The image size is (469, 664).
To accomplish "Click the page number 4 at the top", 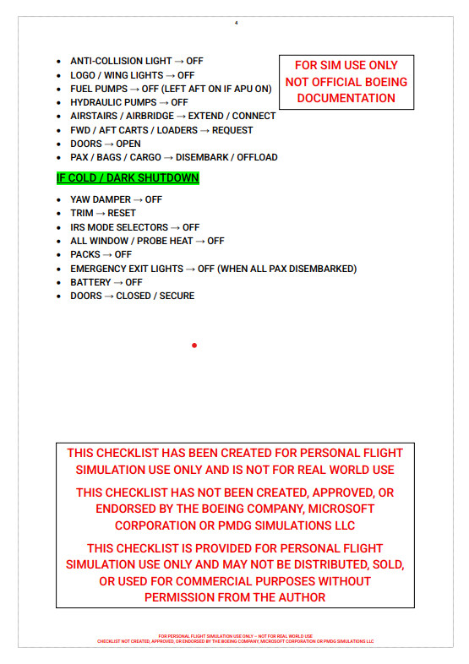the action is [x=236, y=22].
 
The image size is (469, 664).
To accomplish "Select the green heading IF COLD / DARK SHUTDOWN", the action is [x=128, y=178].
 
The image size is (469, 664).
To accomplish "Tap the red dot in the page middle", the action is [x=194, y=346].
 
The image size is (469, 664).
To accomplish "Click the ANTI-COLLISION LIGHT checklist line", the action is [x=136, y=62].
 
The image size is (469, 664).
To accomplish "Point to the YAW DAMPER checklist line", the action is [x=116, y=199].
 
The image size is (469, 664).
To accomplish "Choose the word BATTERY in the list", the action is [x=90, y=282].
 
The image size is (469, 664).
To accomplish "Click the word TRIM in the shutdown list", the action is [x=82, y=213].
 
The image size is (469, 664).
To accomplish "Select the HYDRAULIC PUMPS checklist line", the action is [x=128, y=102].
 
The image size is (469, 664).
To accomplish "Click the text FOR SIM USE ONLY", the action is [x=346, y=65].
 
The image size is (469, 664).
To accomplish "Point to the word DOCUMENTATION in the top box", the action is [x=346, y=98].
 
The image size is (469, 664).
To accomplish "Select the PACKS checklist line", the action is [x=101, y=254].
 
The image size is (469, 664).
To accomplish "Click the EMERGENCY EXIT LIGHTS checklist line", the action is [x=213, y=269].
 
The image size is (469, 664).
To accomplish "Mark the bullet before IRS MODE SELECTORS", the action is [x=57, y=227].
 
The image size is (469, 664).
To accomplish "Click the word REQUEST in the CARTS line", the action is [x=232, y=130].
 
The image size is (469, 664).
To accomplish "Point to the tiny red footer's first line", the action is [x=235, y=635].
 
